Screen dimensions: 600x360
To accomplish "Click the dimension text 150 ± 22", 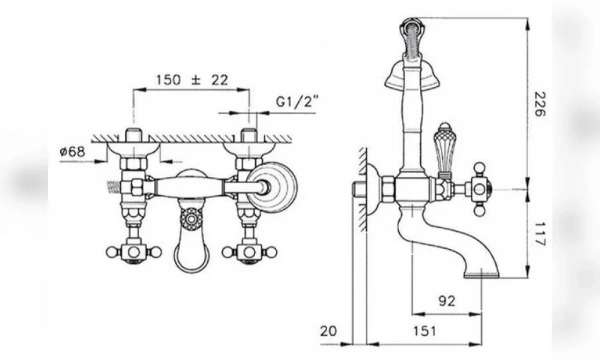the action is click(192, 80).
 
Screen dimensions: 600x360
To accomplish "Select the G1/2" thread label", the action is click(297, 102).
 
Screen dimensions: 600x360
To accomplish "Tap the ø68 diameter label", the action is click(72, 151).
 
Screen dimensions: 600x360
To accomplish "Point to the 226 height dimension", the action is click(540, 104).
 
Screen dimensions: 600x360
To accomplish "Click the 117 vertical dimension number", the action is click(540, 234).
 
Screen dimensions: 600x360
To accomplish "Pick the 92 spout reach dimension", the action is click(447, 301).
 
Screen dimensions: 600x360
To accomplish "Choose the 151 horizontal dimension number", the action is click(424, 331).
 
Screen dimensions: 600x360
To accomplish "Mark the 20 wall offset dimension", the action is click(329, 331).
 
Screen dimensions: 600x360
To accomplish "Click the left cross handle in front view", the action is click(134, 252).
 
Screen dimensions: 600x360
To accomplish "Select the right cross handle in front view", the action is click(249, 252).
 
